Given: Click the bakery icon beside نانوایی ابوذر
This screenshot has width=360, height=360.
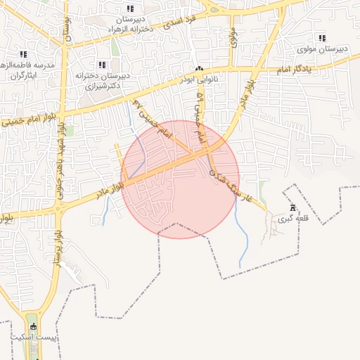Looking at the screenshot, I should (200, 69).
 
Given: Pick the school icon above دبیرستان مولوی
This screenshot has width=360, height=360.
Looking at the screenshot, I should (322, 38).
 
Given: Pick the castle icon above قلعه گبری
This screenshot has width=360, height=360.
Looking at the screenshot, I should (292, 207).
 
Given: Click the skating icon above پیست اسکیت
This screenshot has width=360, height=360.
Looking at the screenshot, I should (32, 326).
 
